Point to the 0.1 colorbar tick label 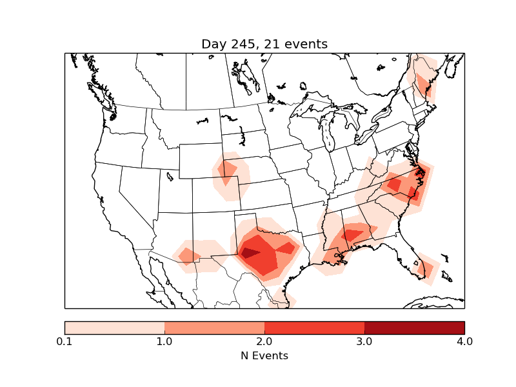pos(64,341)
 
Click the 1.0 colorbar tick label pos(164,341)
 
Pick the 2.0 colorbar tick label pos(264,341)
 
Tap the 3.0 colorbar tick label pos(364,341)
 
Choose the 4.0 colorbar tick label pos(464,341)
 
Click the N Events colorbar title pos(264,355)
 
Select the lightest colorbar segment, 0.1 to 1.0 pos(114,328)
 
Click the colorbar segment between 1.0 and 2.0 pos(214,328)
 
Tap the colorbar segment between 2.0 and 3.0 pos(314,328)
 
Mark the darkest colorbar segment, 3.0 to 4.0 pos(414,328)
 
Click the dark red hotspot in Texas pos(249,253)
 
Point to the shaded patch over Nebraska pos(228,172)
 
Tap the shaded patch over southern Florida pos(425,267)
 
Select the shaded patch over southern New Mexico pos(189,256)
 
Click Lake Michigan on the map pos(326,135)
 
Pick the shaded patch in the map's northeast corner pos(423,81)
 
